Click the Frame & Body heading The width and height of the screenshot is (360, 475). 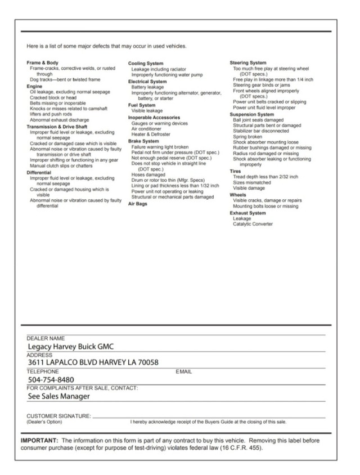[43, 62]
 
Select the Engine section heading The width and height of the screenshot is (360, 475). [35, 87]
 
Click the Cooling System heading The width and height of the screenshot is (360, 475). [146, 64]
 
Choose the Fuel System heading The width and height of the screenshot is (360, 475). [142, 105]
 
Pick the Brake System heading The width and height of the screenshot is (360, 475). [143, 141]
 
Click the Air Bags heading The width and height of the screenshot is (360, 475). [138, 204]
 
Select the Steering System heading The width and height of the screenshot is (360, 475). [248, 62]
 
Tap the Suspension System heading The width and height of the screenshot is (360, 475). [253, 114]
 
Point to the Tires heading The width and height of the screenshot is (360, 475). [236, 171]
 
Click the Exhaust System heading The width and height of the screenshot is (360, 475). [247, 213]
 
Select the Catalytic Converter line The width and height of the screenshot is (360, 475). [253, 224]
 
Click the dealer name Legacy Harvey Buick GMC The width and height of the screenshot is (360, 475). [75, 347]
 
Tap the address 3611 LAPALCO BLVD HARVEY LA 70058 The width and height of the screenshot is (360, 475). [93, 362]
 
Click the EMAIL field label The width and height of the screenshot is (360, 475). [184, 372]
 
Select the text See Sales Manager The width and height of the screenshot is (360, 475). [59, 396]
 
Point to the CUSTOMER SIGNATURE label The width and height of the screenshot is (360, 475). [58, 415]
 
